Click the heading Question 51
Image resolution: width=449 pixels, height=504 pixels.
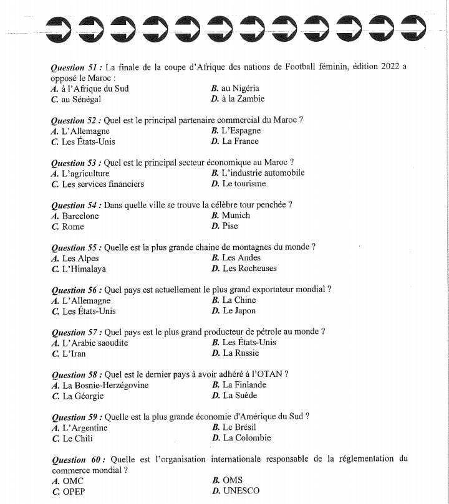click(x=77, y=67)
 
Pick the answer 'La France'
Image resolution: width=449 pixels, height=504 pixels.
click(x=241, y=141)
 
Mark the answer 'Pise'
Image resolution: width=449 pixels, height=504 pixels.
click(x=230, y=226)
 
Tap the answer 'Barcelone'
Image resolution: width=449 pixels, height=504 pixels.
click(x=80, y=216)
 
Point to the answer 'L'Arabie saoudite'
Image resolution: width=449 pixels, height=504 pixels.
click(x=95, y=343)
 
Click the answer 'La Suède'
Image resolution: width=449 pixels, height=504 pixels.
click(x=240, y=395)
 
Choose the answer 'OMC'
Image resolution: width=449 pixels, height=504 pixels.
click(x=73, y=480)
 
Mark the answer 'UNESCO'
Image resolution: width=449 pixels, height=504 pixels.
click(x=241, y=490)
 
